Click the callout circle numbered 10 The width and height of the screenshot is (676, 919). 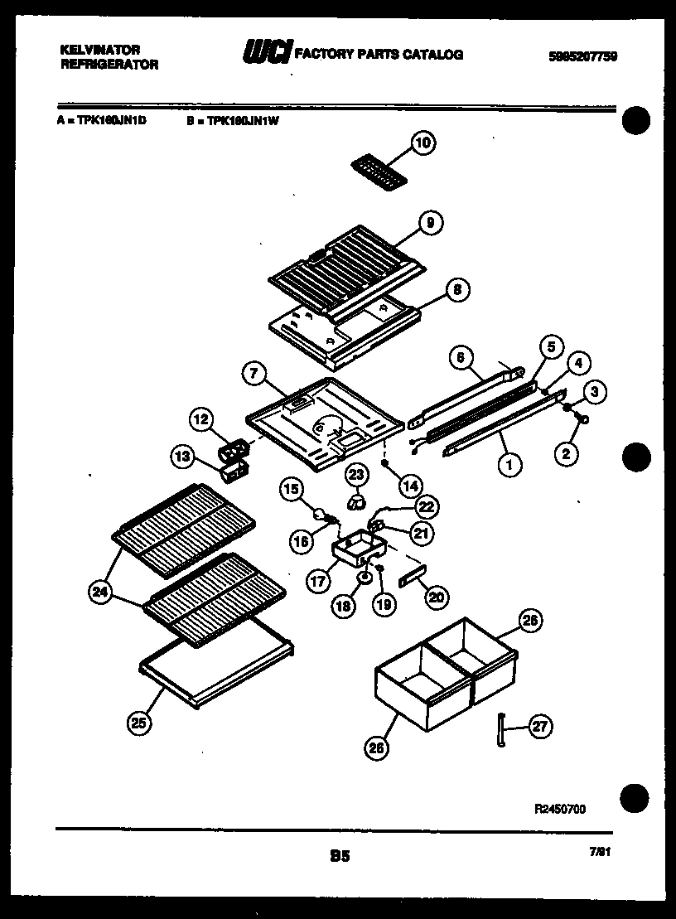point(422,144)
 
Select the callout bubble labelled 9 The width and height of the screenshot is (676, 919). point(429,221)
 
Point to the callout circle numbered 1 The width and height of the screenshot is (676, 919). point(509,466)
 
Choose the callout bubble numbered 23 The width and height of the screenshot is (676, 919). point(355,475)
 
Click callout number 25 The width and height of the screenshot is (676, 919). point(140,723)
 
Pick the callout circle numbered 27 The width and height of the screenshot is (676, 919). point(539,727)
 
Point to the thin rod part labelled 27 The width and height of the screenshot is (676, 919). point(502,728)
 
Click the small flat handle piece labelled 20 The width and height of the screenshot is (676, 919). point(411,577)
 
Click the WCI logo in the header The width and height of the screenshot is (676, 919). point(267,54)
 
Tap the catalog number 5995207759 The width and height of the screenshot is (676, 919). point(583,56)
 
